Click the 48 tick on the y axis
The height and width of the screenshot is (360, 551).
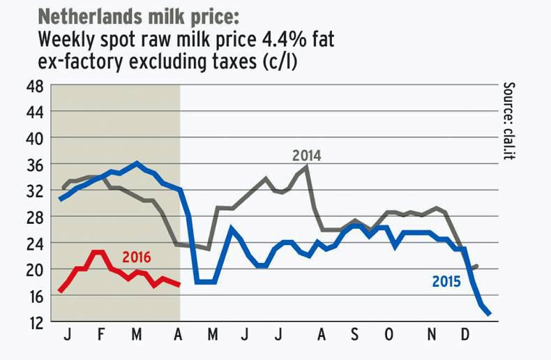[x=35, y=87]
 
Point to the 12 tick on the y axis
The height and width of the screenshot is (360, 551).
[x=35, y=322]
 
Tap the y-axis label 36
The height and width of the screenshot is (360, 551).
[x=35, y=165]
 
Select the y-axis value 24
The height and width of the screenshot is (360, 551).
[x=35, y=243]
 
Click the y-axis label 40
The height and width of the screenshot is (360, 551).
[x=35, y=139]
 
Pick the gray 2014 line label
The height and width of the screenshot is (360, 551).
[x=307, y=156]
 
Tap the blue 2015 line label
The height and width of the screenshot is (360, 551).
[x=446, y=282]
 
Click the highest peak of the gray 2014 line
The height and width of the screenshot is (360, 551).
[x=307, y=167]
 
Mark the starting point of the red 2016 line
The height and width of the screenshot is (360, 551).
[x=61, y=290]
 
